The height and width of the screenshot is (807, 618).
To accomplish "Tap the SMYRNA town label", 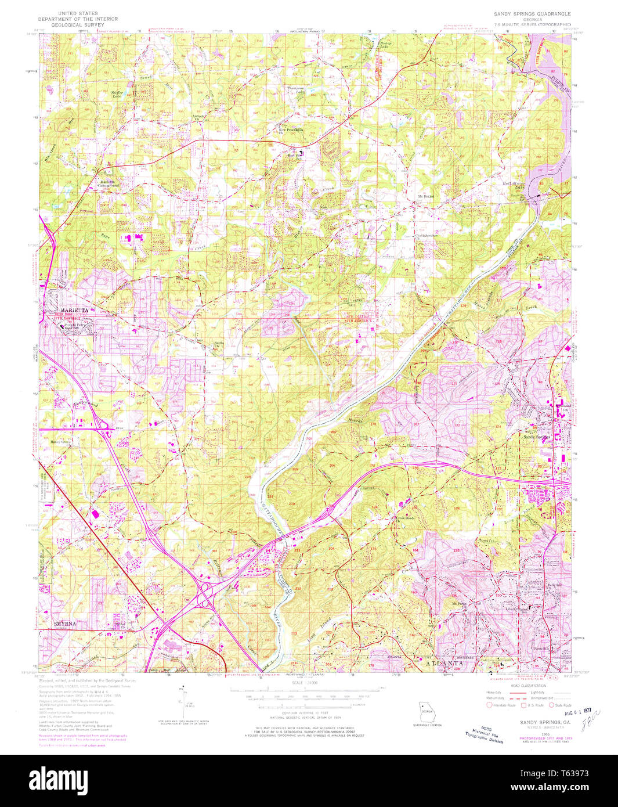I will (x=65, y=624).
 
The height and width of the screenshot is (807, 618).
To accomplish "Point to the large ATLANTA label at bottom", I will (x=445, y=662).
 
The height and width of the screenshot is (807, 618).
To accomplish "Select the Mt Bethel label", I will (x=427, y=196).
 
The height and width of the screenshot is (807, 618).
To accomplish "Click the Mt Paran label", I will (x=459, y=604).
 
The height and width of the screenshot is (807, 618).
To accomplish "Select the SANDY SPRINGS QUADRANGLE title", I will (x=532, y=13).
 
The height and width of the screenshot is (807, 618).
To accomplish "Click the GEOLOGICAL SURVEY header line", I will (x=77, y=26).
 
